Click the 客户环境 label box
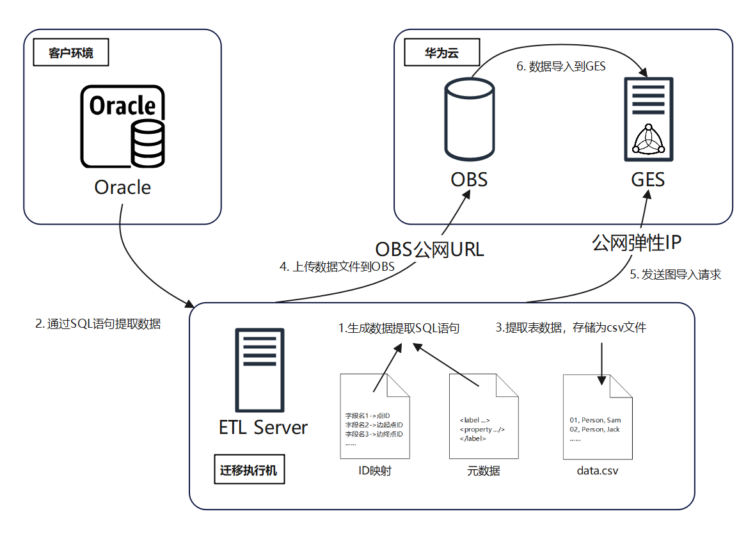(71, 53)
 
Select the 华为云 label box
(441, 53)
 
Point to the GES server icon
(648, 119)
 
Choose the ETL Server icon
(259, 370)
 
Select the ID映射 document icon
(374, 417)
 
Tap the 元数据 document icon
(483, 417)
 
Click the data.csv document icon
(598, 417)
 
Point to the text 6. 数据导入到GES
(560, 67)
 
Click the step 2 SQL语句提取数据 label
(97, 324)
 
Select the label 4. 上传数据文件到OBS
(337, 267)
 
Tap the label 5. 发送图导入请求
(676, 275)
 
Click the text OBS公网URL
(429, 248)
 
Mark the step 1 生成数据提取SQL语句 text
(399, 328)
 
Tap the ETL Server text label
(263, 427)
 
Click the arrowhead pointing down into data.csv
(601, 380)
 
